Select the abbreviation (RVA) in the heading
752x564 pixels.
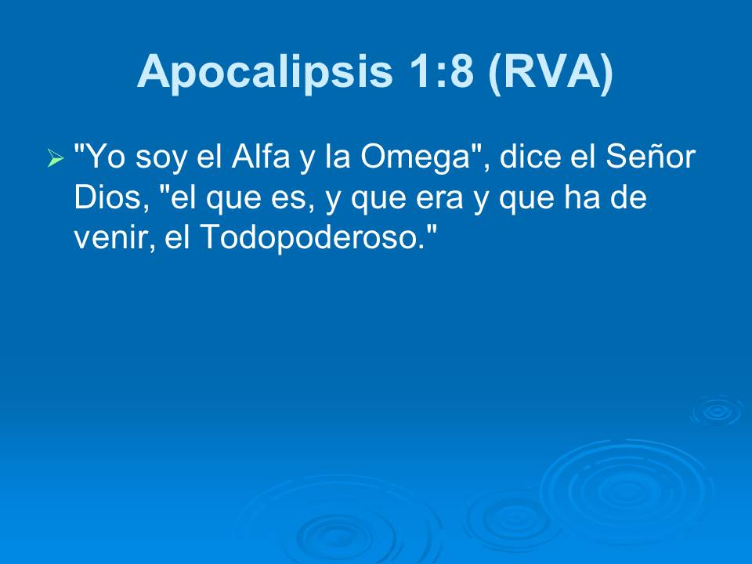(550, 72)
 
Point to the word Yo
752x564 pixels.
(101, 159)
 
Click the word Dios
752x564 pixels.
(107, 198)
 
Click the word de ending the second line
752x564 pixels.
(629, 198)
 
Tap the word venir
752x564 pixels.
(112, 237)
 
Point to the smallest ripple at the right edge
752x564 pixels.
(716, 410)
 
